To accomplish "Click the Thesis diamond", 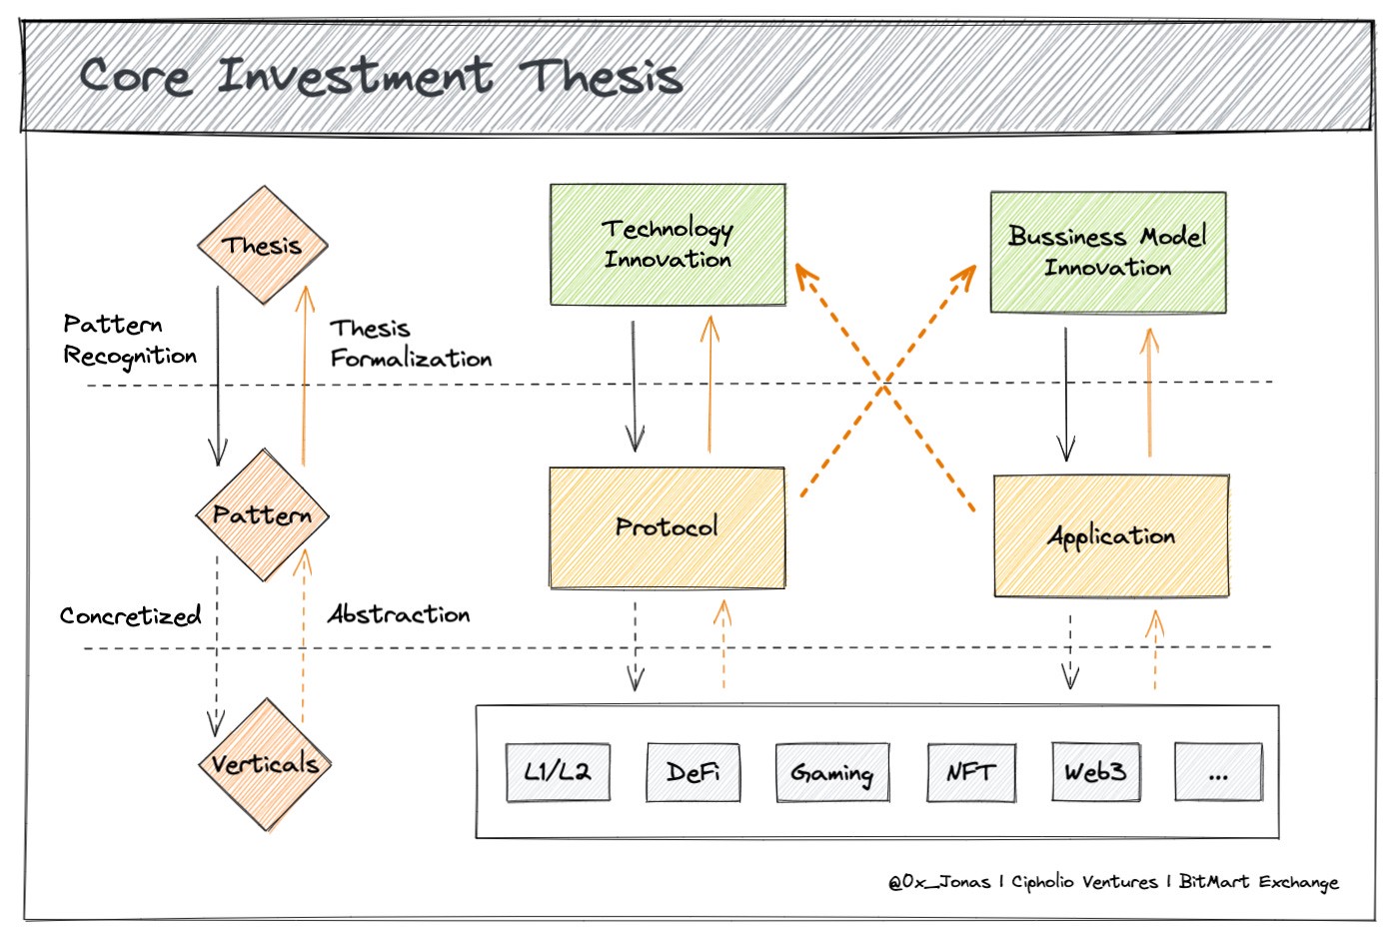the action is (x=263, y=245).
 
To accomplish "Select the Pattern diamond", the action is (x=263, y=514).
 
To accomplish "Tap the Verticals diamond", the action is (x=265, y=764).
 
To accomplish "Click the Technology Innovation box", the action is (x=668, y=245).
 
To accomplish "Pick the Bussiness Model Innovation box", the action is (x=1108, y=253).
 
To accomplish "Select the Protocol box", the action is (x=668, y=527).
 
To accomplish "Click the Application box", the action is (x=1111, y=536).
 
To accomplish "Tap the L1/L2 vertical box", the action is (x=559, y=772).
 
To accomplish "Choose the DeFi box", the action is (x=694, y=772).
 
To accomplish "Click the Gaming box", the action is (x=832, y=772).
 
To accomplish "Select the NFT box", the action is (x=971, y=772).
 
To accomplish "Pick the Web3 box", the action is (x=1096, y=772).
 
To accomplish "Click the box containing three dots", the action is (x=1219, y=772).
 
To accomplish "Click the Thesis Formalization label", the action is (x=411, y=344).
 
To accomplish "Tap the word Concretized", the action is (x=130, y=615).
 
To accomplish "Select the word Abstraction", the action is (x=399, y=614).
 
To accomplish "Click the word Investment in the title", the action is (x=356, y=76).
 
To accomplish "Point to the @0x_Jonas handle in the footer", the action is (x=939, y=881).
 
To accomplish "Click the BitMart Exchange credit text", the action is (x=1258, y=881).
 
